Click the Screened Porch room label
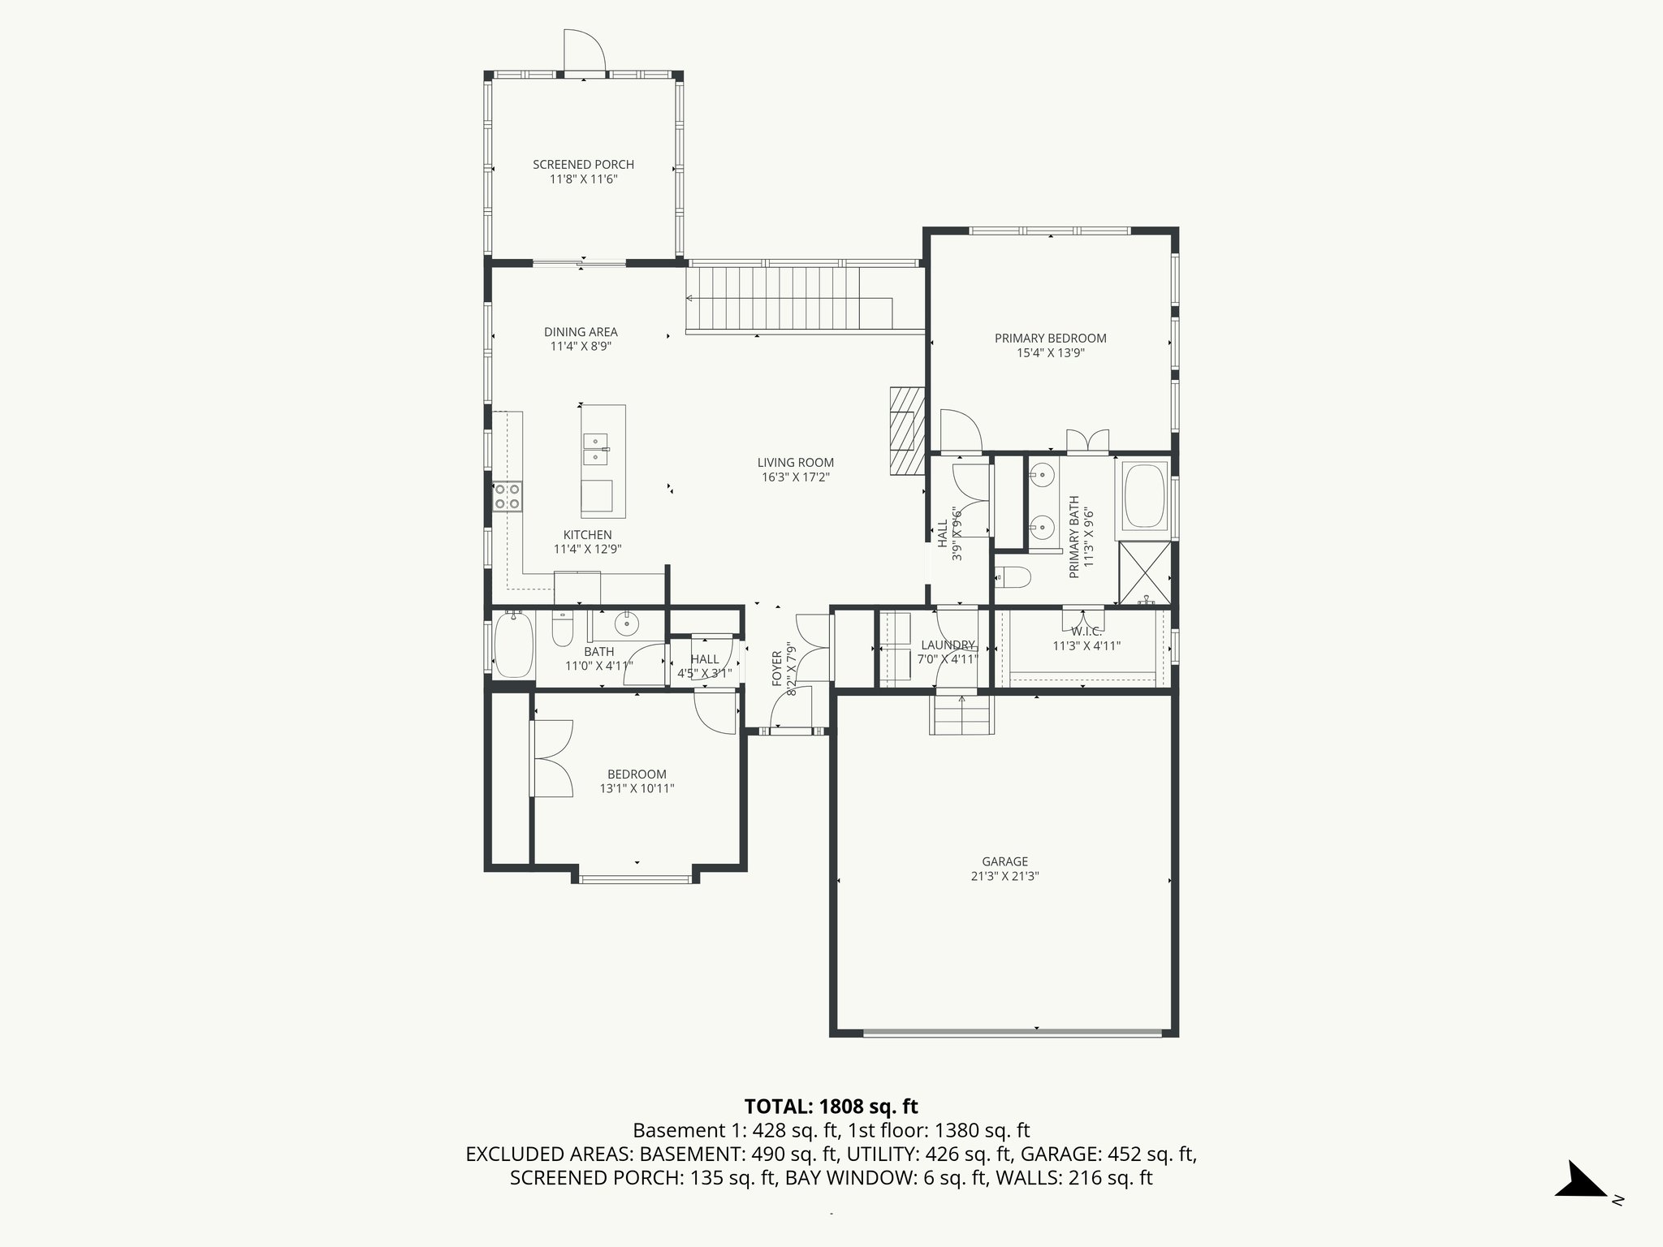tap(583, 165)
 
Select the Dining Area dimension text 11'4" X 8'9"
tap(581, 347)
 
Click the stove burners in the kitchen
tap(508, 497)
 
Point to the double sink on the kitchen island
tap(596, 449)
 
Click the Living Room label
tap(795, 463)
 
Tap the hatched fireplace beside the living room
tap(907, 429)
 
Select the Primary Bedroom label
tap(1050, 339)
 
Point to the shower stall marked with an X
tap(1145, 573)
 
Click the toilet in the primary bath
tap(1013, 577)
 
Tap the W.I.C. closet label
tap(1086, 632)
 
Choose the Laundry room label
tap(948, 645)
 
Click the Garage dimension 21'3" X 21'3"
tap(1004, 877)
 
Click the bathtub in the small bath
tap(512, 645)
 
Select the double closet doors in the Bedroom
tap(552, 758)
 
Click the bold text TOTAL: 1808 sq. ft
tap(831, 1107)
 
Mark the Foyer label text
tap(777, 667)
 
